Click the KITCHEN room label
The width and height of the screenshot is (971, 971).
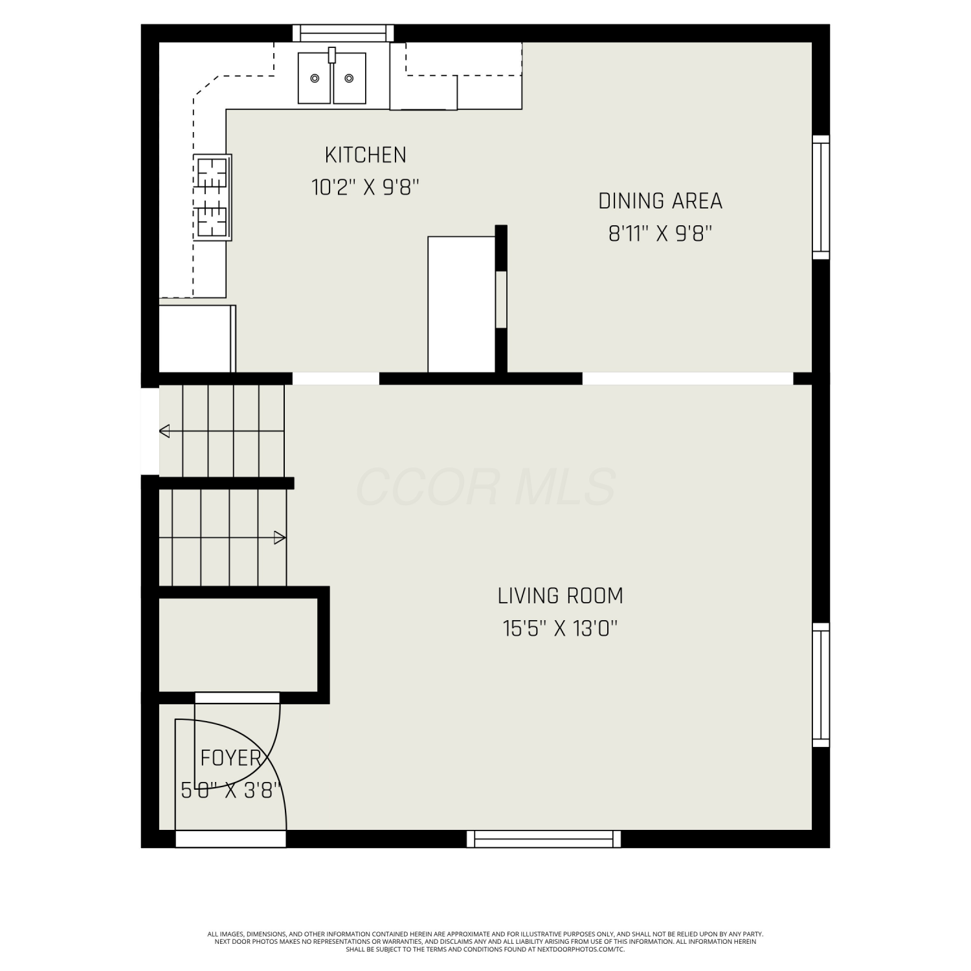(x=366, y=155)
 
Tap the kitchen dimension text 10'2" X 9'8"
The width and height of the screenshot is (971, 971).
(x=366, y=187)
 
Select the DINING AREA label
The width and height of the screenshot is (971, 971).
(x=660, y=201)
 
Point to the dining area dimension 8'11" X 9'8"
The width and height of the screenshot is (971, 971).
(x=660, y=233)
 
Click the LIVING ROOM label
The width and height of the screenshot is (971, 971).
(x=561, y=596)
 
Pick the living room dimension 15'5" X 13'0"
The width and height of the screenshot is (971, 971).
(x=561, y=628)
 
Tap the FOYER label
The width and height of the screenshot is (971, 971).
(x=230, y=757)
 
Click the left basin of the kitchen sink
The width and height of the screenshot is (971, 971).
(x=315, y=78)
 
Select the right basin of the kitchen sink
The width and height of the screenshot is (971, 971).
(x=350, y=78)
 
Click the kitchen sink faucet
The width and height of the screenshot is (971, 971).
(x=332, y=55)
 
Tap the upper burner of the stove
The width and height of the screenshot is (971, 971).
(x=212, y=173)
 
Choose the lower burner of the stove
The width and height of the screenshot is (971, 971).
(x=212, y=220)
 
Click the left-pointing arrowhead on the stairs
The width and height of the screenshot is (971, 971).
(x=164, y=430)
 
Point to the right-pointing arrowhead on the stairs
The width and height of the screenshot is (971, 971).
(x=280, y=537)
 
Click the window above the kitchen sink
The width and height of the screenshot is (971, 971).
(x=343, y=33)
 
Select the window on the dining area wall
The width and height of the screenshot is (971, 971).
(x=821, y=197)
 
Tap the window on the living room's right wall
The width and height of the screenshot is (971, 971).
(x=821, y=685)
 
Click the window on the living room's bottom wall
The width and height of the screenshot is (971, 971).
(x=544, y=839)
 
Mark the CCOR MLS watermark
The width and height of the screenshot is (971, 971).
(x=485, y=487)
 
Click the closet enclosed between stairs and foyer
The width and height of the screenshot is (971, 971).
(x=238, y=645)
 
